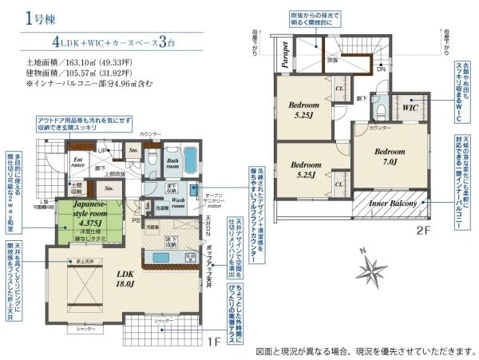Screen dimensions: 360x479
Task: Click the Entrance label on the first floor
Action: coord(78,164)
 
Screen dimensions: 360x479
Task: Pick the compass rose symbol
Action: coord(370,271)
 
